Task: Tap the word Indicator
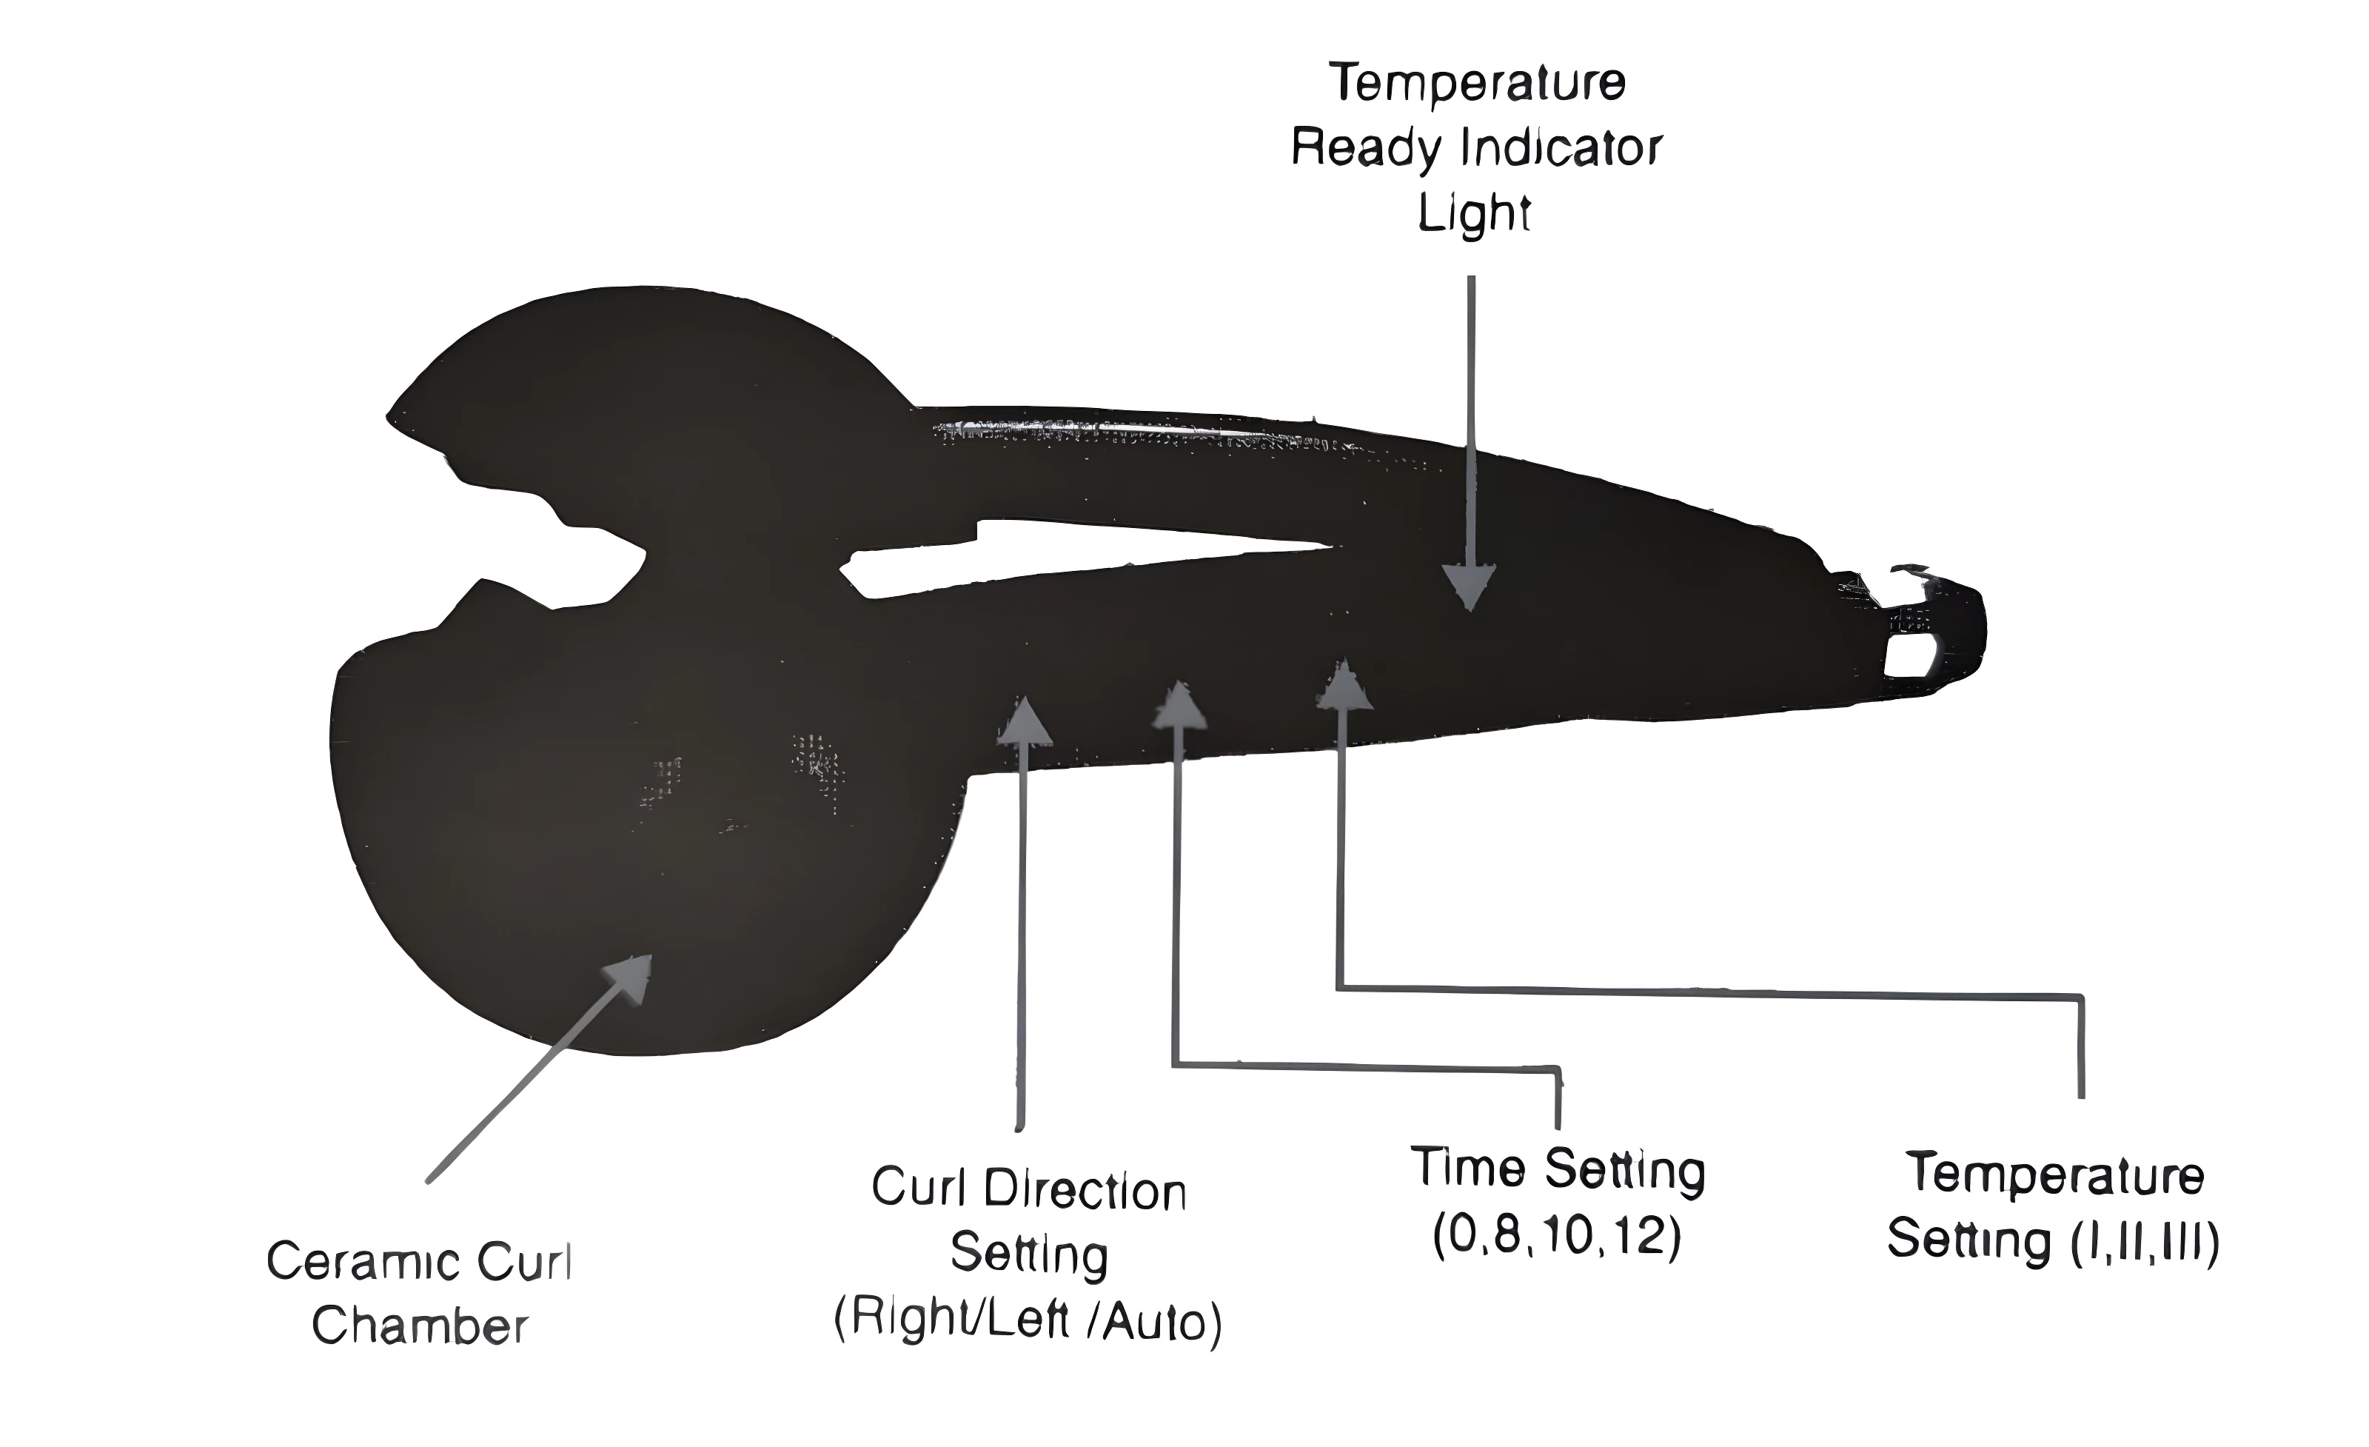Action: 1562,149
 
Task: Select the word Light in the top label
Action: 1474,213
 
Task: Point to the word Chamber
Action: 420,1327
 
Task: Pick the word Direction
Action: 1085,1192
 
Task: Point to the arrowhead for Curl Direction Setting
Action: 1025,721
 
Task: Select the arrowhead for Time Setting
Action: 1180,706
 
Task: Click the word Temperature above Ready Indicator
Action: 1477,83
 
